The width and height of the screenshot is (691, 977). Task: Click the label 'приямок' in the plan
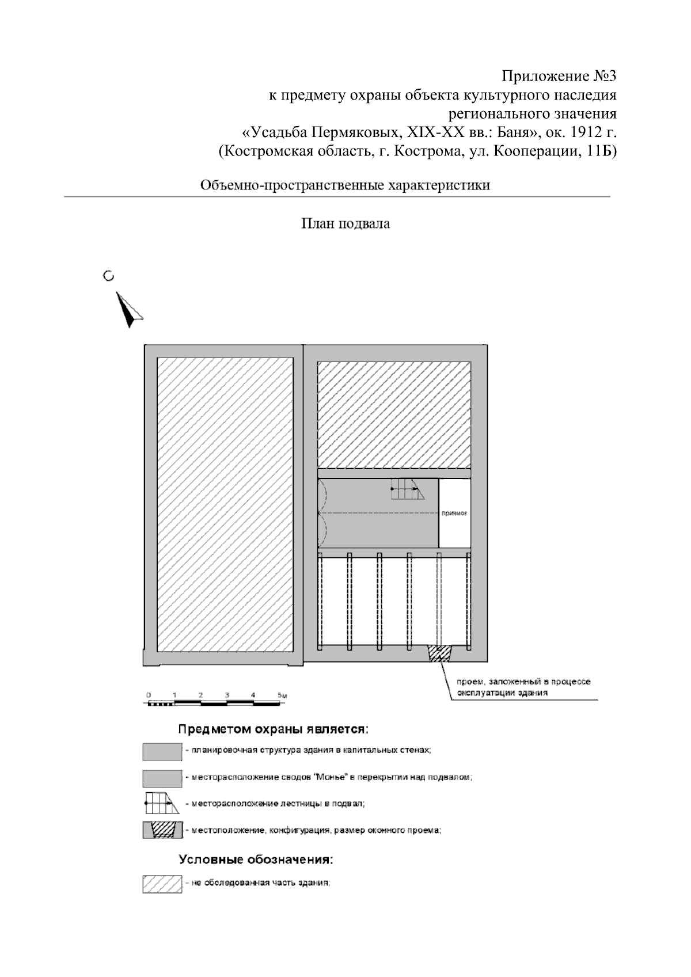click(454, 512)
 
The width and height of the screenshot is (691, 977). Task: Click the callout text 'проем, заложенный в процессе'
click(523, 682)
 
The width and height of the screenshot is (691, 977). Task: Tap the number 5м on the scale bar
click(282, 695)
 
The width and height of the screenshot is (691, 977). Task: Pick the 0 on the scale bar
click(149, 695)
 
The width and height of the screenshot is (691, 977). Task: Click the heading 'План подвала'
click(346, 224)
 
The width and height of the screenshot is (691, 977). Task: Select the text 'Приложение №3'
click(559, 77)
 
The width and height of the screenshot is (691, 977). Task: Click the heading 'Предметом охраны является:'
click(273, 729)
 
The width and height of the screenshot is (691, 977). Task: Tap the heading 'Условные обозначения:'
click(256, 860)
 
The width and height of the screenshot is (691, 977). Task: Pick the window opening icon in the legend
click(162, 830)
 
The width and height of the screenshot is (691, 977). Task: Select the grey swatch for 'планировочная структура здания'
click(162, 751)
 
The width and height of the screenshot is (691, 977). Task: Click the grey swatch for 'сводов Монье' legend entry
click(162, 778)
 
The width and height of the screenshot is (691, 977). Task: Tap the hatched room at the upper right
click(394, 415)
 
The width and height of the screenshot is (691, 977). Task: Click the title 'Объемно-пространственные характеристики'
click(345, 185)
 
